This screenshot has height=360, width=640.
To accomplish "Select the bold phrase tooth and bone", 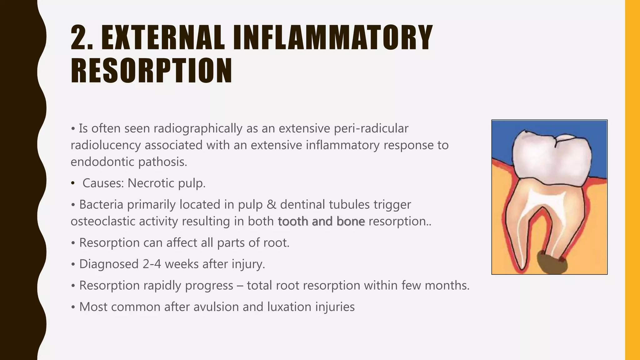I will (321, 222).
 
